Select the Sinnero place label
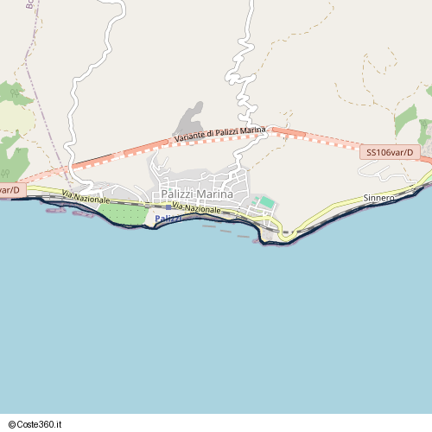click(378, 198)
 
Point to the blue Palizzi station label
click(168, 217)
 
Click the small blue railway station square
click(168, 207)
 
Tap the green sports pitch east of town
click(267, 202)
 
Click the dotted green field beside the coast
click(122, 213)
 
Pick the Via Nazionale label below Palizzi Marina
click(197, 209)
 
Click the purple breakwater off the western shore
click(83, 213)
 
